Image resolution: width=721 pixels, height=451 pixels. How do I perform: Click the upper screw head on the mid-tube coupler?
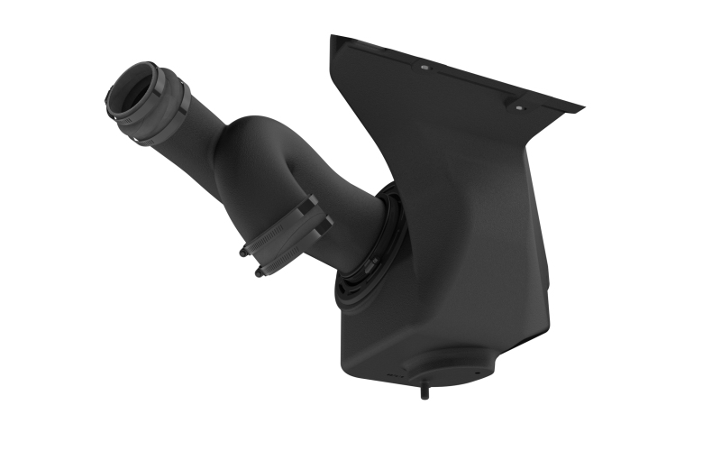pyautogui.click(x=244, y=253)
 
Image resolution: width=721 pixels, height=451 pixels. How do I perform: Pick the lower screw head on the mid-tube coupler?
pyautogui.click(x=260, y=272)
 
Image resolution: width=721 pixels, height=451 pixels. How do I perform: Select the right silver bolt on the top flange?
pyautogui.click(x=518, y=106)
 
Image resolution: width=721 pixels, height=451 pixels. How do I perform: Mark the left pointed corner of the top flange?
pyautogui.click(x=333, y=37)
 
